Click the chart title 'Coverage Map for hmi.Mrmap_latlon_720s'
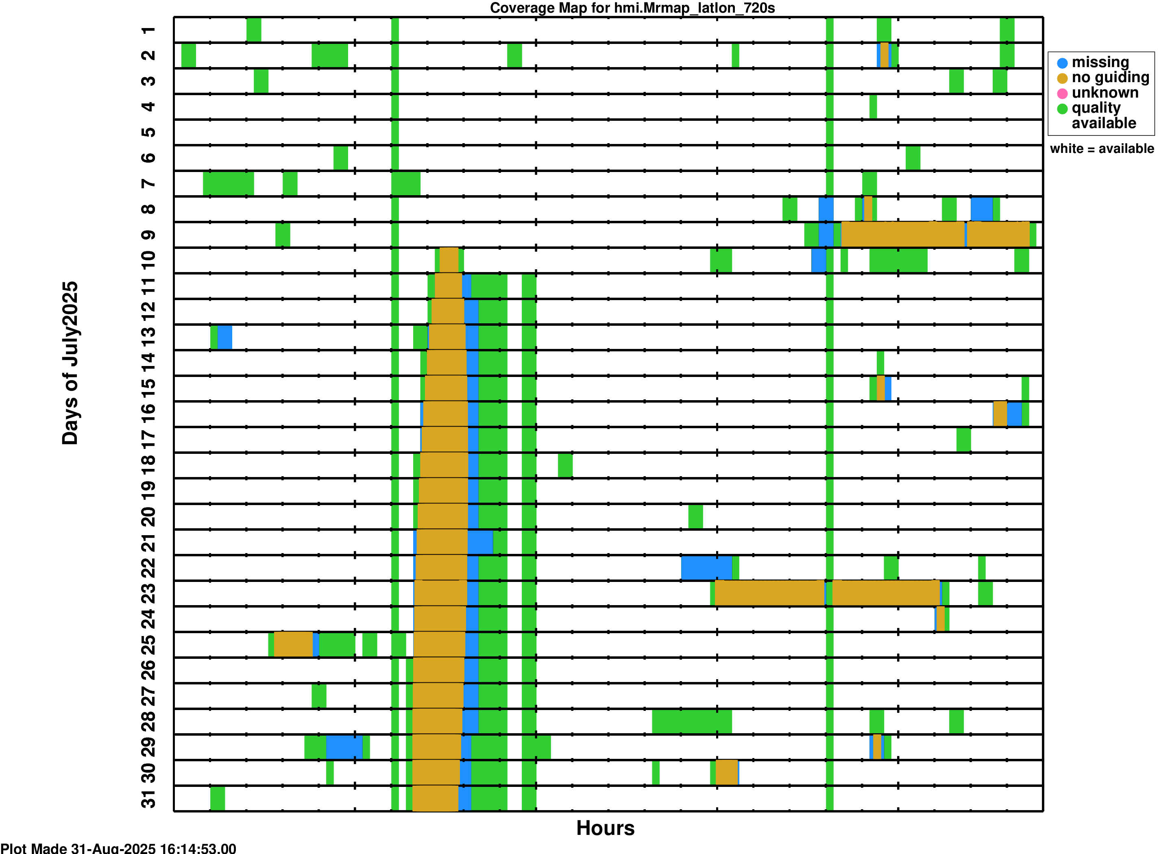point(632,8)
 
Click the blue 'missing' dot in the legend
point(1062,63)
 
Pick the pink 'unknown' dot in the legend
point(1062,94)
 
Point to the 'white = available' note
point(1102,149)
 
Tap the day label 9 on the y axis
point(148,235)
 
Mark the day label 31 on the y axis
point(148,799)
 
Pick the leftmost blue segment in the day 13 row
point(225,338)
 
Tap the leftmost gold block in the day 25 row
point(293,645)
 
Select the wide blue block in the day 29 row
point(344,747)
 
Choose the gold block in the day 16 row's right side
point(1000,414)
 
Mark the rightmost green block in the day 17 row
point(963,440)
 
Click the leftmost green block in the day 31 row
point(218,799)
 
